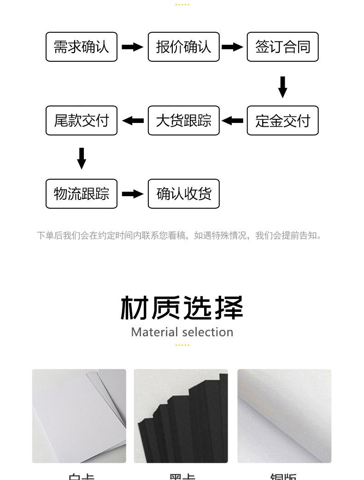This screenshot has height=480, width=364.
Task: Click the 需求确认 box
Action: [82, 47]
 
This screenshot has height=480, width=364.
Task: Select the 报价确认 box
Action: [183, 47]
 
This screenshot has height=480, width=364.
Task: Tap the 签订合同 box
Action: [282, 47]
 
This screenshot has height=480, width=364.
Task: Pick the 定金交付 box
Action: [282, 121]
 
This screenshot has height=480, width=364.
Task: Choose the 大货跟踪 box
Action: [183, 121]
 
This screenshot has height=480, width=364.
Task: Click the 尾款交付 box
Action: [82, 121]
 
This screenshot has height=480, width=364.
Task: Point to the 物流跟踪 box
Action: [82, 194]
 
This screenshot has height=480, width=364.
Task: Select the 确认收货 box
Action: [183, 194]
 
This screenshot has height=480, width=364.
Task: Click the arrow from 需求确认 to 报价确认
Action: [132, 47]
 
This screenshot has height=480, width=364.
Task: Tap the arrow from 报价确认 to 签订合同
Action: [232, 47]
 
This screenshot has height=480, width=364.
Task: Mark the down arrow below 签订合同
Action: [283, 87]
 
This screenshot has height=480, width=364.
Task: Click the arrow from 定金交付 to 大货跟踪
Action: [232, 121]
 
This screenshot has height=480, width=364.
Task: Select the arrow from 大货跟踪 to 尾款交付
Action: [133, 121]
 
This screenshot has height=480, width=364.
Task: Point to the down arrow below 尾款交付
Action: [82, 158]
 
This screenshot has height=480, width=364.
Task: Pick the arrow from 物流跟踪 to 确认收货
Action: [132, 194]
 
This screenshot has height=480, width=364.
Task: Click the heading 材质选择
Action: [182, 308]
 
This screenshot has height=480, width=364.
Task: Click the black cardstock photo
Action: [181, 416]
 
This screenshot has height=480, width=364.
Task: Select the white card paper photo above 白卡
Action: [79, 416]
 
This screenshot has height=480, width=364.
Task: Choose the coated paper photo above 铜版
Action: [284, 416]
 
